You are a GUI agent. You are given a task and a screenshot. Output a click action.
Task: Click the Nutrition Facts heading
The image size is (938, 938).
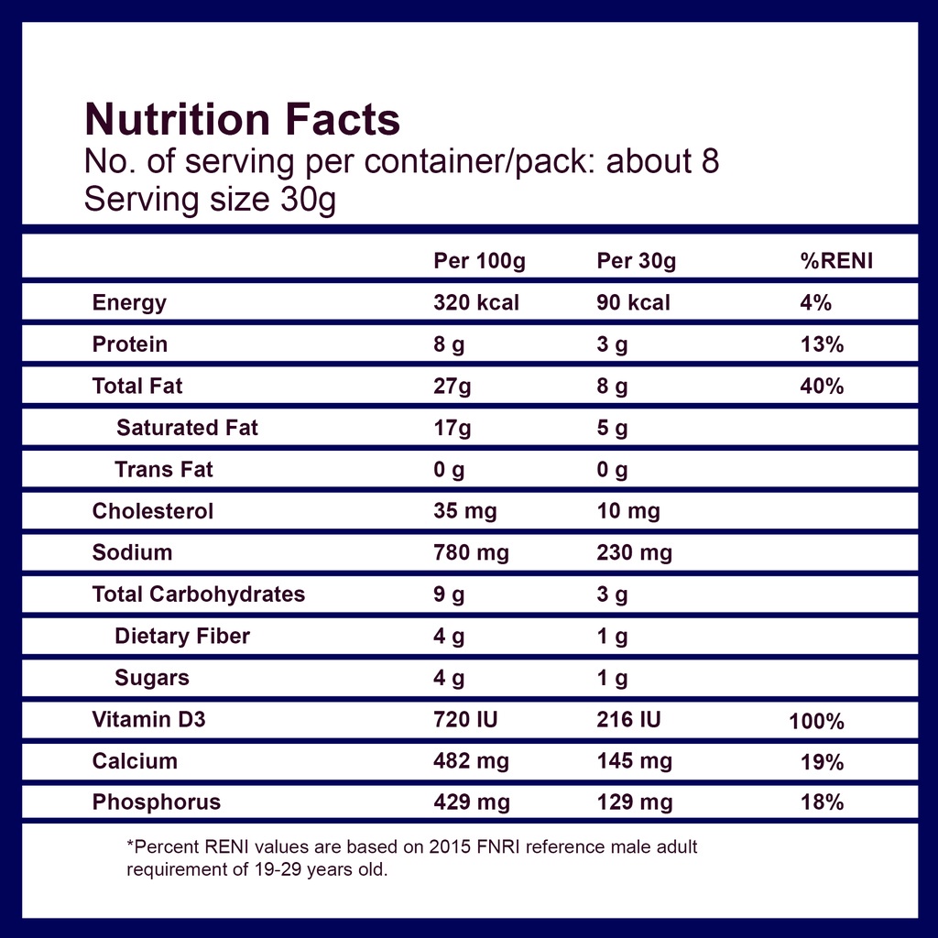242,119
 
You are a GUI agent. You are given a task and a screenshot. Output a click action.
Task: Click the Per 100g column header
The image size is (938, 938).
480,261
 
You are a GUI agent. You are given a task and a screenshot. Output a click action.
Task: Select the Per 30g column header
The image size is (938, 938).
637,261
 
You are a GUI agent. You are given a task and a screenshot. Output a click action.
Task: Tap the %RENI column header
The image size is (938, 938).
837,261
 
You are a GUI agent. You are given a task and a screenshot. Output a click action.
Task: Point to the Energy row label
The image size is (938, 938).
129,303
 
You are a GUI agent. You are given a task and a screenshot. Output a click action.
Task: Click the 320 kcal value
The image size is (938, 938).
476,302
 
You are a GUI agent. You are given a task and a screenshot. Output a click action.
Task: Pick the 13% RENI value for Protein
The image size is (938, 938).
822,344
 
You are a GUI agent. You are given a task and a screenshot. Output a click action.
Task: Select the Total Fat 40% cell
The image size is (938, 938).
822,387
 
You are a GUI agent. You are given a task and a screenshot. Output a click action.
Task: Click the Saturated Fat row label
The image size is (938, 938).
187,428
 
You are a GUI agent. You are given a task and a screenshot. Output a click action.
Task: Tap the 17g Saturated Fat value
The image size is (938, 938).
453,429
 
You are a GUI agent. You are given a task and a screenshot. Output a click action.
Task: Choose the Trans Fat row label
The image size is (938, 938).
164,470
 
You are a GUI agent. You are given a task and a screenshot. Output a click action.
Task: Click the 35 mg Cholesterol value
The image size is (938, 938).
465,512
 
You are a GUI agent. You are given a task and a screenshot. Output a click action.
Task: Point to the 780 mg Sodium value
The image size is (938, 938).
472,553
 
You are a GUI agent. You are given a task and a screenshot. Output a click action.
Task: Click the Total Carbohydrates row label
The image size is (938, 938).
199,594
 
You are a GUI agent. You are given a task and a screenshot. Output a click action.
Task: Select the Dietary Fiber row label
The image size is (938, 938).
182,637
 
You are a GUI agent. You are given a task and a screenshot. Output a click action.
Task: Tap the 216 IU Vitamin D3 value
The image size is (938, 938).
628,719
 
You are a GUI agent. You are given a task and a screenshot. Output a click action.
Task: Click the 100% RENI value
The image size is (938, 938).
816,722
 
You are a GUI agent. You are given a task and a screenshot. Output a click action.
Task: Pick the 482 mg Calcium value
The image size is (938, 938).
472,762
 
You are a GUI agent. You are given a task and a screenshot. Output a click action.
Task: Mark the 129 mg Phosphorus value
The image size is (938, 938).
635,802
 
